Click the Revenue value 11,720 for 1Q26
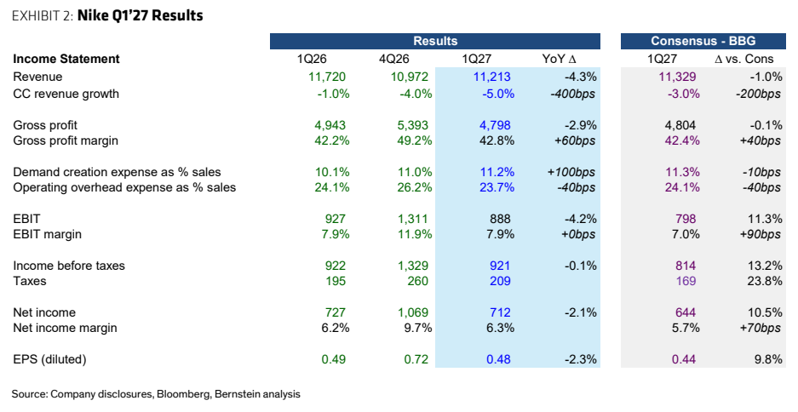[x=327, y=77]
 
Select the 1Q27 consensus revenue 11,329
[x=677, y=77]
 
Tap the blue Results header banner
[x=435, y=41]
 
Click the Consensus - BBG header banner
[x=703, y=41]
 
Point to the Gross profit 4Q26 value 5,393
[x=413, y=125]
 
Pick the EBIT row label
[x=26, y=219]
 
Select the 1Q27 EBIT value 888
[x=500, y=219]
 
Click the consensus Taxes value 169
[x=686, y=281]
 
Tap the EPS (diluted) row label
[x=50, y=359]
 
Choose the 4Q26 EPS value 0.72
[x=416, y=359]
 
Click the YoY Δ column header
[x=561, y=59]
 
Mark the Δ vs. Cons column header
[x=744, y=59]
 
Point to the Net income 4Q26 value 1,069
[x=413, y=312]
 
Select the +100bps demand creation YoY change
[x=571, y=172]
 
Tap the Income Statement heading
[x=66, y=59]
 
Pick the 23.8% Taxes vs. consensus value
[x=766, y=281]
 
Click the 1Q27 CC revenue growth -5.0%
[x=497, y=94]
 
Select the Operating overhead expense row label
[x=124, y=187]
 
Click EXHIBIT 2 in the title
[x=43, y=16]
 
